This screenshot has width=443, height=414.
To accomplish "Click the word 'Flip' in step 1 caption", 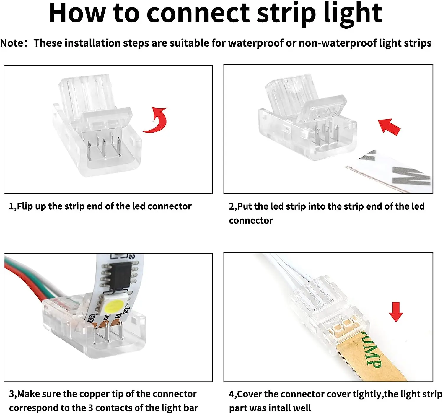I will pos(25,206).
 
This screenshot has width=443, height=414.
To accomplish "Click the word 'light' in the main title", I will pos(353,13).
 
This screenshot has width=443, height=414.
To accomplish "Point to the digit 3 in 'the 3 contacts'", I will pos(90,408).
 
